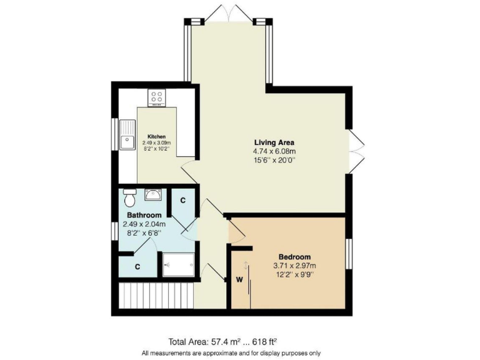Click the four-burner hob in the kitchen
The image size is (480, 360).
coord(156,98)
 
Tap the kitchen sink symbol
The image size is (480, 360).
coord(128,134)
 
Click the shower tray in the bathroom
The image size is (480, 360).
coord(177,264)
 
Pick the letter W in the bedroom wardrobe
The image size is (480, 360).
coord(239,279)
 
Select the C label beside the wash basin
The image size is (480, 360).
coord(182,201)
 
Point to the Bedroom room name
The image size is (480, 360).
coord(294,257)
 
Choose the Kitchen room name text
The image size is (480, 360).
coord(156,136)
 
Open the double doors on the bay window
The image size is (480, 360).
coord(228,12)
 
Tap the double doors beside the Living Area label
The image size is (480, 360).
coord(356,150)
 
